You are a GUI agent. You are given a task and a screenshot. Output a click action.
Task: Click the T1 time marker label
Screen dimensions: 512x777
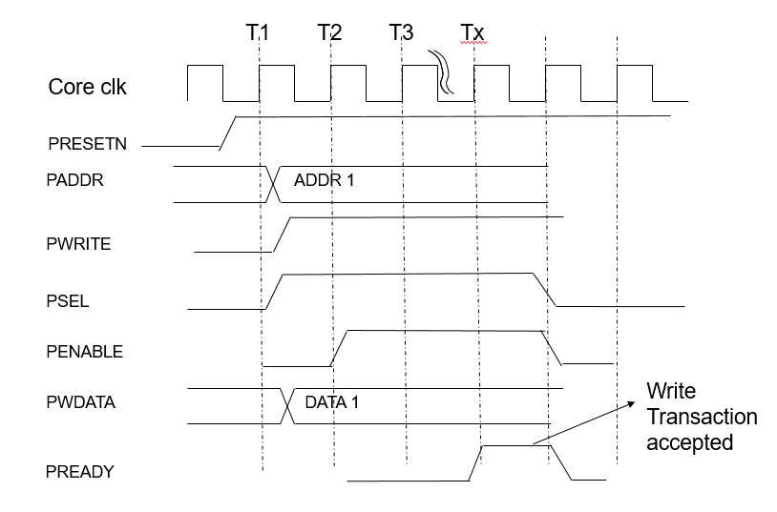pos(258,31)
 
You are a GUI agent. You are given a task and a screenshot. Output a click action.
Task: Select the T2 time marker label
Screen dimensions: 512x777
pos(330,31)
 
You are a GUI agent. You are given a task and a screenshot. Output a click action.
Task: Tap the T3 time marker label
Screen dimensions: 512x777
pos(402,31)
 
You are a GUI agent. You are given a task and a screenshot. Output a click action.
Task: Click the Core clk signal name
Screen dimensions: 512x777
pos(88,88)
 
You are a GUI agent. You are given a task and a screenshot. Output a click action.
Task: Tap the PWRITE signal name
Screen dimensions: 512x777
pos(79,244)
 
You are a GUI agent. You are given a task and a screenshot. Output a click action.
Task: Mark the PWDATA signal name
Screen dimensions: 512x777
pos(81,402)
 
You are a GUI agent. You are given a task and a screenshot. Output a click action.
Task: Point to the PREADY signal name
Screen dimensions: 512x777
pos(80,471)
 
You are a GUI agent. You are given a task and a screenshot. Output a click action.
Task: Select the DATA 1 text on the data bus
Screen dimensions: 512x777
pos(332,402)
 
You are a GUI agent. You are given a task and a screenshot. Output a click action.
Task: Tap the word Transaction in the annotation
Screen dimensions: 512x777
pos(702,417)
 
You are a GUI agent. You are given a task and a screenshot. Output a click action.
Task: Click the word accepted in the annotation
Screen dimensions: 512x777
pos(689,442)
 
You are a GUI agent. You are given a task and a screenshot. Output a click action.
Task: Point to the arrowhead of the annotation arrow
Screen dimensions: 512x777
pos(634,403)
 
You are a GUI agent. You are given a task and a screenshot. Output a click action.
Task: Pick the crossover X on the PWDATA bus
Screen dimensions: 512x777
pos(287,406)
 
